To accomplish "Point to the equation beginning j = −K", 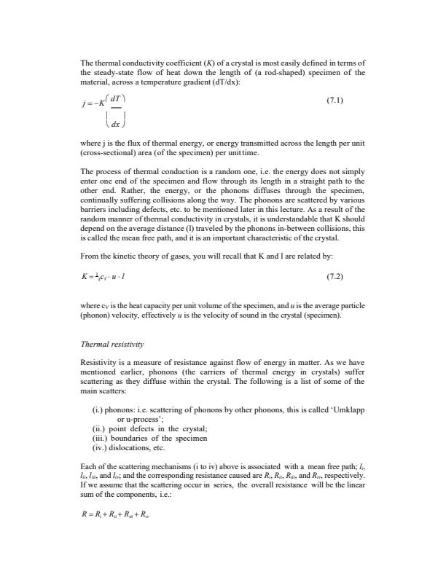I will (106, 115).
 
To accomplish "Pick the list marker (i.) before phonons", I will (98, 410).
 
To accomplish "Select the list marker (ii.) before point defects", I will (100, 429).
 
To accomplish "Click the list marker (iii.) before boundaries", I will (101, 439).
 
